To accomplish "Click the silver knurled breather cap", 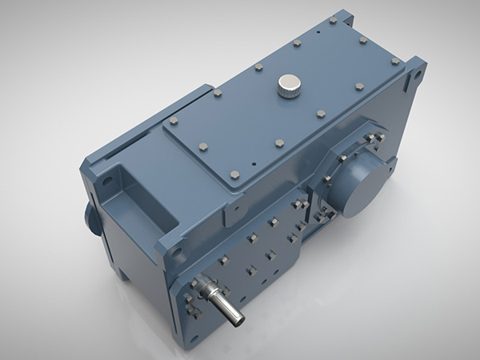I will [288, 85].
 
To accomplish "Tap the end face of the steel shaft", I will [238, 320].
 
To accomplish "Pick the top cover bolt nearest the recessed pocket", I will [173, 122].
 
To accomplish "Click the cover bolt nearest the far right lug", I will [394, 61].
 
